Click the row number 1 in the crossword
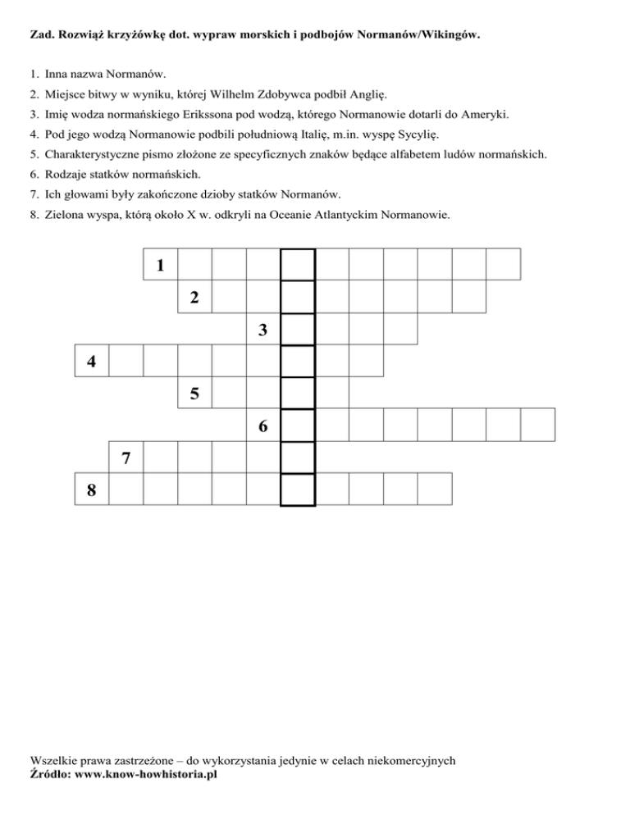pos(161,266)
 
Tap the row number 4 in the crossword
pos(91,362)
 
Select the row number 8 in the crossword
pos(91,490)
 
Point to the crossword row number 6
pos(263,426)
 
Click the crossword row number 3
pos(263,330)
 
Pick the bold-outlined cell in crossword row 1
pos(298,265)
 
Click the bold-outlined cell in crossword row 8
pos(298,489)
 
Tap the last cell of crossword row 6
pos(538,426)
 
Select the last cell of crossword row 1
pos(504,265)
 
